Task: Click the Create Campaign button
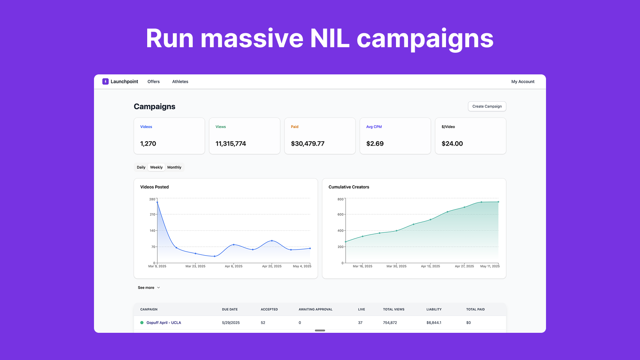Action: pyautogui.click(x=487, y=106)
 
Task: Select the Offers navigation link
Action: pyautogui.click(x=154, y=82)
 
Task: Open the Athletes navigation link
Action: pyautogui.click(x=180, y=82)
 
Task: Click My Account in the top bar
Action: pyautogui.click(x=522, y=82)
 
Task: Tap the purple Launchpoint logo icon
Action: pyautogui.click(x=106, y=82)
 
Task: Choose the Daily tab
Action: pyautogui.click(x=141, y=168)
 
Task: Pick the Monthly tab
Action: pyautogui.click(x=174, y=168)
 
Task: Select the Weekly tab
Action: pyautogui.click(x=156, y=168)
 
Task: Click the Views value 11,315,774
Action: pyautogui.click(x=231, y=144)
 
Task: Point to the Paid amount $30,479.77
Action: pyautogui.click(x=308, y=144)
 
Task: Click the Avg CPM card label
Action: pyautogui.click(x=374, y=127)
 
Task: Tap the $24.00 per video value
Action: pyautogui.click(x=452, y=144)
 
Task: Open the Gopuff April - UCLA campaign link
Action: pyautogui.click(x=164, y=323)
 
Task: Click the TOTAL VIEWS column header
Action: pyautogui.click(x=394, y=310)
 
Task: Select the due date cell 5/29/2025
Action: pyautogui.click(x=231, y=323)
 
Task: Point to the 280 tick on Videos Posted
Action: pyautogui.click(x=152, y=199)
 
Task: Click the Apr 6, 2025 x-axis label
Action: pyautogui.click(x=234, y=266)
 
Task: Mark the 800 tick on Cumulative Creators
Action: pyautogui.click(x=340, y=199)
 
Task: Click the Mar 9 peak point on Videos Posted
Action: pyautogui.click(x=157, y=202)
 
